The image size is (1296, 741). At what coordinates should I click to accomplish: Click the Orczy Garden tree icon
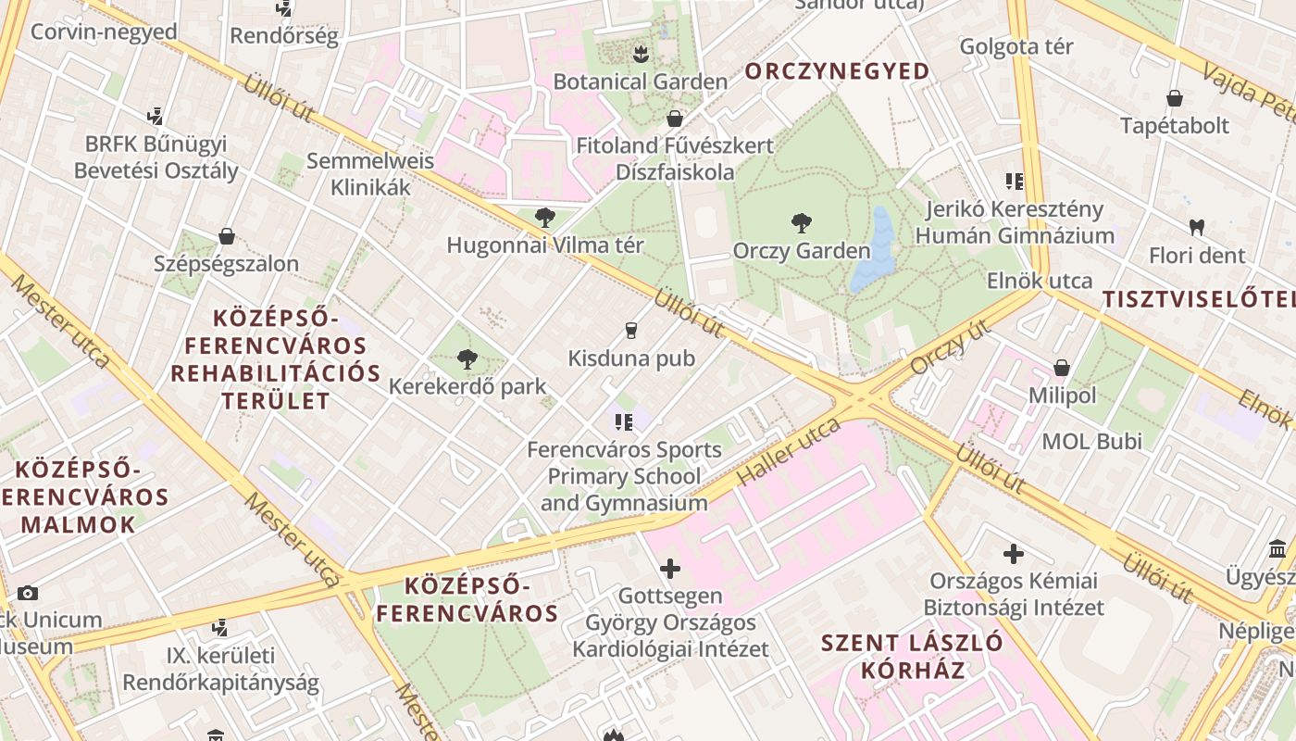802,222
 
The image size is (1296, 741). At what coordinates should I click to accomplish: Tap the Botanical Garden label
641,82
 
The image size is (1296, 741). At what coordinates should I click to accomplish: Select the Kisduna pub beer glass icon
631,331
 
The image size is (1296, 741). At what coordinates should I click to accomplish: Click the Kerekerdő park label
467,386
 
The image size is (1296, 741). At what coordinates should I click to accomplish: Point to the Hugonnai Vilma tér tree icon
545,219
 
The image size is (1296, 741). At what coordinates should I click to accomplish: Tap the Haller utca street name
789,452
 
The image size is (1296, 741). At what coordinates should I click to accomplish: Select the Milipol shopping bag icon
1062,368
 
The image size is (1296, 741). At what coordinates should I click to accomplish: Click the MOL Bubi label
1092,441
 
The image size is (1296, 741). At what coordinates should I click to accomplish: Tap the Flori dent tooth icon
1196,226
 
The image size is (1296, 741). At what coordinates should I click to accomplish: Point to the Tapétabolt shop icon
1175,98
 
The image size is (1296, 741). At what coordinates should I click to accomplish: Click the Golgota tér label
1016,46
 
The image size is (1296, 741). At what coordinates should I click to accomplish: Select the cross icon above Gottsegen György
670,568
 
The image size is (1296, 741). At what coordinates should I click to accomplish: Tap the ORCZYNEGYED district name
837,71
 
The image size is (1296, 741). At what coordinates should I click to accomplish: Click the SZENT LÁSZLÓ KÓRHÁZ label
913,656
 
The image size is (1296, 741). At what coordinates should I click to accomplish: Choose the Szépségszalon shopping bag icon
227,236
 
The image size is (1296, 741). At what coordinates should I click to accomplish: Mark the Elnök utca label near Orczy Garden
1040,281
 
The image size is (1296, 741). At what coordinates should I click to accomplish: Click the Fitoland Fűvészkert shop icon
675,119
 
